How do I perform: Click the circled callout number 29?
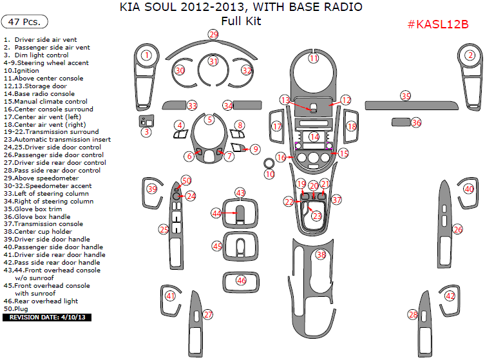(x=213, y=34)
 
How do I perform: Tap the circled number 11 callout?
(x=314, y=58)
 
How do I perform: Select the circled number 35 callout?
(x=405, y=96)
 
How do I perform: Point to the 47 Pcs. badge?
(x=25, y=21)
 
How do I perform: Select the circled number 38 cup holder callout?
(x=321, y=255)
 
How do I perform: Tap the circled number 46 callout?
(x=241, y=280)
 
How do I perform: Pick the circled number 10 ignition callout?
(x=269, y=174)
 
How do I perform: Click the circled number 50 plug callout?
(x=186, y=181)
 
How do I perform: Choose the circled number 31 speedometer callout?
(x=213, y=62)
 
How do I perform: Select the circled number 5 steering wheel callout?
(x=209, y=119)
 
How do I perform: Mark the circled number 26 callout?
(x=457, y=229)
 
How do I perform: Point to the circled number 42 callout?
(x=450, y=296)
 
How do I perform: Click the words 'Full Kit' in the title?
(x=241, y=21)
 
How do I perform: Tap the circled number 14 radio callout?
(x=314, y=137)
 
